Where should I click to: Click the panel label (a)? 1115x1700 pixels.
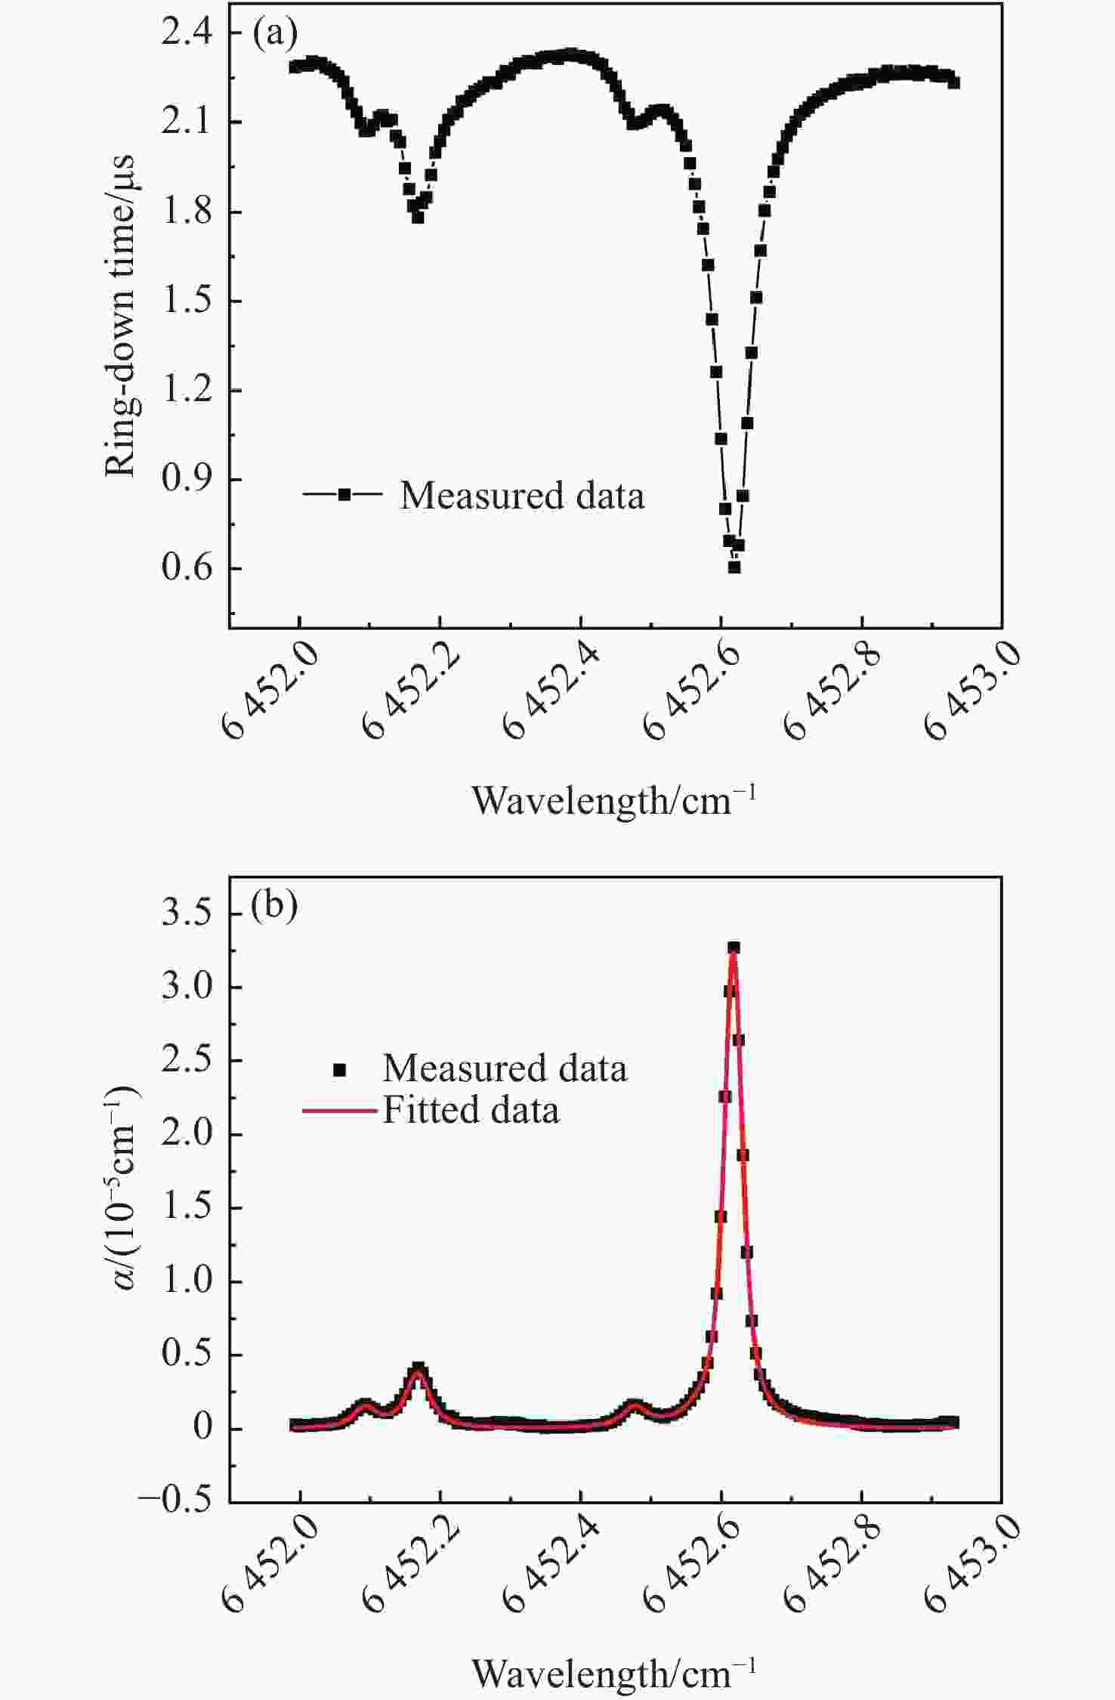click(x=274, y=34)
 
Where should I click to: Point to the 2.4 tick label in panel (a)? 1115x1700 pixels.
click(x=187, y=34)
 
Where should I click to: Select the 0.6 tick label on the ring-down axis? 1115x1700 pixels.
click(x=187, y=568)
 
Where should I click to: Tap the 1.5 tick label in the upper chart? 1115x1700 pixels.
click(x=187, y=301)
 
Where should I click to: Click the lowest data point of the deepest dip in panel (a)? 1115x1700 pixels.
click(x=734, y=567)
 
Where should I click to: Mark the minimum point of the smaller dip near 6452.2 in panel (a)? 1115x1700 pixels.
click(x=418, y=217)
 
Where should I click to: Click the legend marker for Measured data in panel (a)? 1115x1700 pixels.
click(x=344, y=495)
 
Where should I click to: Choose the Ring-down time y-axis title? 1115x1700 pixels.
click(x=121, y=316)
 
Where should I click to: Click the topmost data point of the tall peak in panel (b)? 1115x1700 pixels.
click(x=734, y=947)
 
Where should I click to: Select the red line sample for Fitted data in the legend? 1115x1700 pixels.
click(x=339, y=1111)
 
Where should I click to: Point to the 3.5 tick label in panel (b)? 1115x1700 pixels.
click(x=187, y=914)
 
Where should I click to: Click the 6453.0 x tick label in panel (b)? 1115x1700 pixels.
click(x=973, y=1566)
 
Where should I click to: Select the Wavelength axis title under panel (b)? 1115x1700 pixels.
click(x=613, y=1674)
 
